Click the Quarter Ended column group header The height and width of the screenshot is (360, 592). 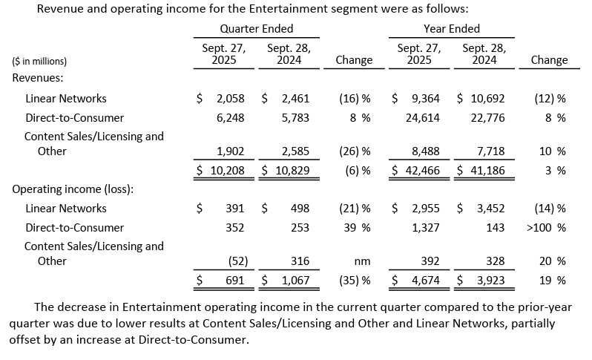(257, 29)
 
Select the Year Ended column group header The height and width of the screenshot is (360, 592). (451, 29)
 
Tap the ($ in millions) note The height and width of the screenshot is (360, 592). (39, 61)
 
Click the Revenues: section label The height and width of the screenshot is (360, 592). (37, 77)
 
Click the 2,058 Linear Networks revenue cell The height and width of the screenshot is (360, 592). (230, 98)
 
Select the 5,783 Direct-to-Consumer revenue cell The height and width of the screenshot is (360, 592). (295, 117)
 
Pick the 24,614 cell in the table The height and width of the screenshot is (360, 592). (425, 117)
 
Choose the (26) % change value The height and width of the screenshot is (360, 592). (353, 151)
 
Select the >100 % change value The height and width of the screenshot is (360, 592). (546, 228)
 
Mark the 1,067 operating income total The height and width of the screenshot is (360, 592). (295, 281)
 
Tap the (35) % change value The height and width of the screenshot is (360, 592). (353, 281)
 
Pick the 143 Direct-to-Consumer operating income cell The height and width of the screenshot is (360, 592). (495, 228)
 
